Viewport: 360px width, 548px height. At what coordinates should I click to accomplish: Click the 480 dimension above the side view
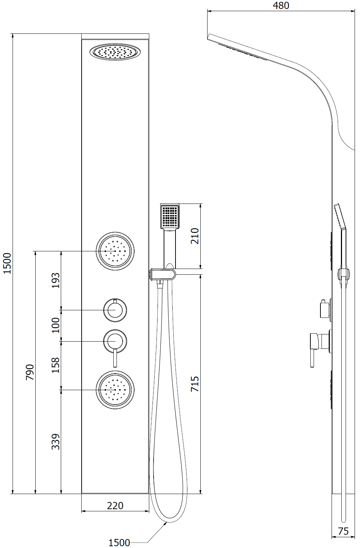click(x=281, y=5)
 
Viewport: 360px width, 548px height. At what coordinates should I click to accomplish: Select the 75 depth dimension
click(x=343, y=531)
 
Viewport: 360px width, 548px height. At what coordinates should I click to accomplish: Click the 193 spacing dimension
click(x=55, y=280)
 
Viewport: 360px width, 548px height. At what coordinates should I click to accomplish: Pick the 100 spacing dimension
click(x=55, y=325)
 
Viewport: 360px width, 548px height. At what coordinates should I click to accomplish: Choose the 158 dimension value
click(x=55, y=365)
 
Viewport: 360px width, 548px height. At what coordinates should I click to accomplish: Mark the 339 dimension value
click(x=55, y=442)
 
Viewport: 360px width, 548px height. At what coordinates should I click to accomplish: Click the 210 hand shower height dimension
click(x=195, y=236)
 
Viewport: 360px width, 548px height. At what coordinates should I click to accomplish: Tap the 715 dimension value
click(x=195, y=384)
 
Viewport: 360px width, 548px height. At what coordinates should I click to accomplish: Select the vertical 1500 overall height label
click(x=7, y=263)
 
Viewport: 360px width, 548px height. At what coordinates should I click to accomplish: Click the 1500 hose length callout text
click(x=119, y=542)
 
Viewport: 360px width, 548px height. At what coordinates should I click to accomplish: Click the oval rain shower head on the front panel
click(x=115, y=52)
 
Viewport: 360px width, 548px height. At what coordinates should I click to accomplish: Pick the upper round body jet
click(x=115, y=251)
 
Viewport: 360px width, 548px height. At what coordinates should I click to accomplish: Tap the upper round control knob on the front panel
click(x=115, y=310)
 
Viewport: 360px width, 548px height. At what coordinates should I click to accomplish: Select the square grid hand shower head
click(x=170, y=216)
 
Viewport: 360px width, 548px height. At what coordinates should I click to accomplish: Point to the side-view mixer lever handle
click(x=312, y=356)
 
